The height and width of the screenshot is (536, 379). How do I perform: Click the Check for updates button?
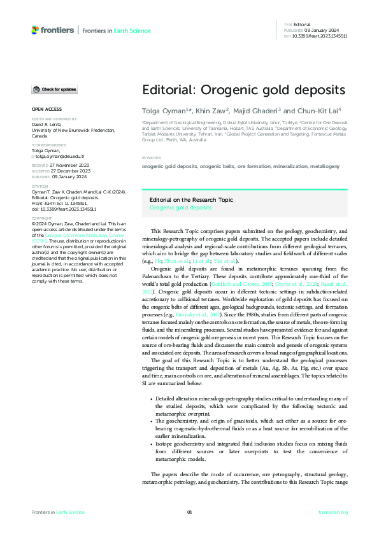[55, 89]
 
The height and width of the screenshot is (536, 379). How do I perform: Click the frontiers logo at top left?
[52, 30]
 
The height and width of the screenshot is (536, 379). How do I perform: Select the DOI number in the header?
[320, 36]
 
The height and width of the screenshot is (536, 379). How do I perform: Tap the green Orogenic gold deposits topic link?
[180, 208]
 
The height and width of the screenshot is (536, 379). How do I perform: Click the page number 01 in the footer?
[189, 512]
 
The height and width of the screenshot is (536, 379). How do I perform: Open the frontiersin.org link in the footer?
[333, 512]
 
